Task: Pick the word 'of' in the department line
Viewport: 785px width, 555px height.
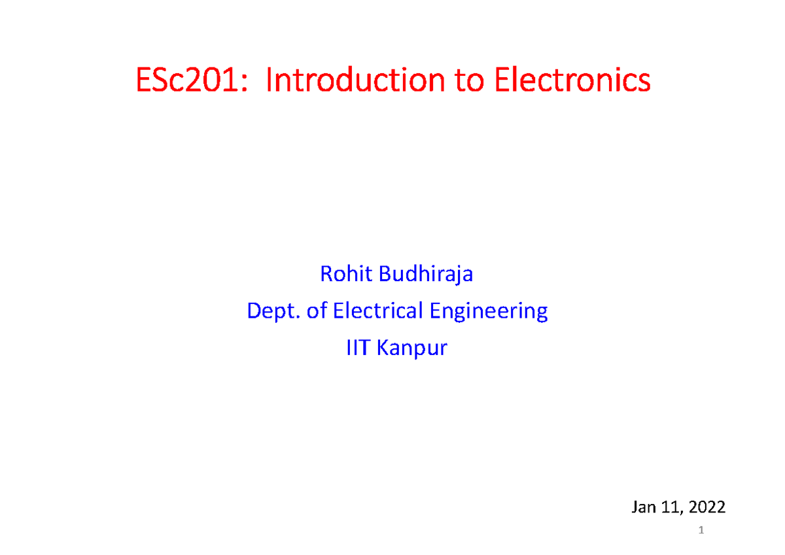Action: tap(316, 311)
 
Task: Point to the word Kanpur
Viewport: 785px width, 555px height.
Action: tap(410, 348)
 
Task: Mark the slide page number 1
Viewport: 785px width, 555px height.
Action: tap(701, 530)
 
